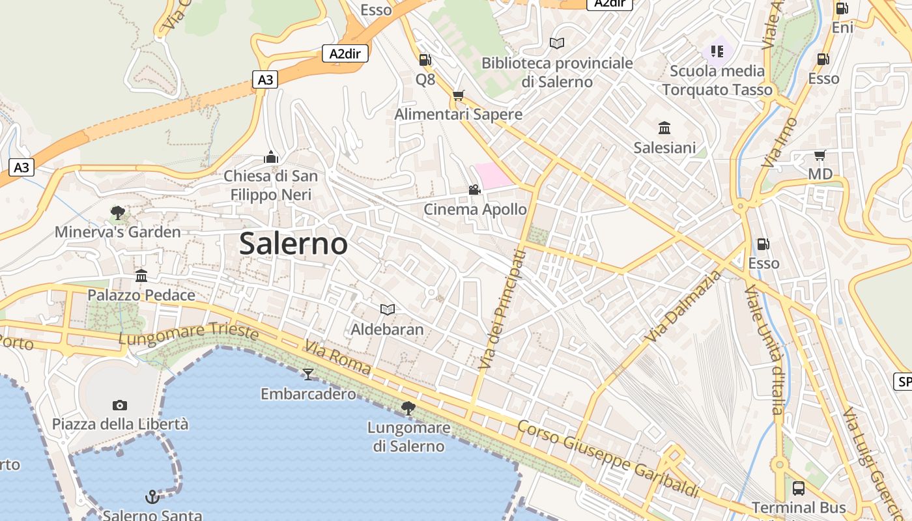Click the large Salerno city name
293,244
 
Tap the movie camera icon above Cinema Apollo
474,190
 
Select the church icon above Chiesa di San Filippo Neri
271,157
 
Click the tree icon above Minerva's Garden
118,212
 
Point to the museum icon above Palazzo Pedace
141,275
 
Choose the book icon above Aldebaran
388,309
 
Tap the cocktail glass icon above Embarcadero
308,374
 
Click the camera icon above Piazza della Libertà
119,405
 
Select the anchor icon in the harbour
152,497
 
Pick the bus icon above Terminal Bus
799,488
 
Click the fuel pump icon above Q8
425,60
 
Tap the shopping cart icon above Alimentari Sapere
459,95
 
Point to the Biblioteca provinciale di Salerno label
557,72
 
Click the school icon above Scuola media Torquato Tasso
717,51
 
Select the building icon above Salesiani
664,128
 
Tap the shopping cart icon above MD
820,155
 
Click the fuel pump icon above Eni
842,8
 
